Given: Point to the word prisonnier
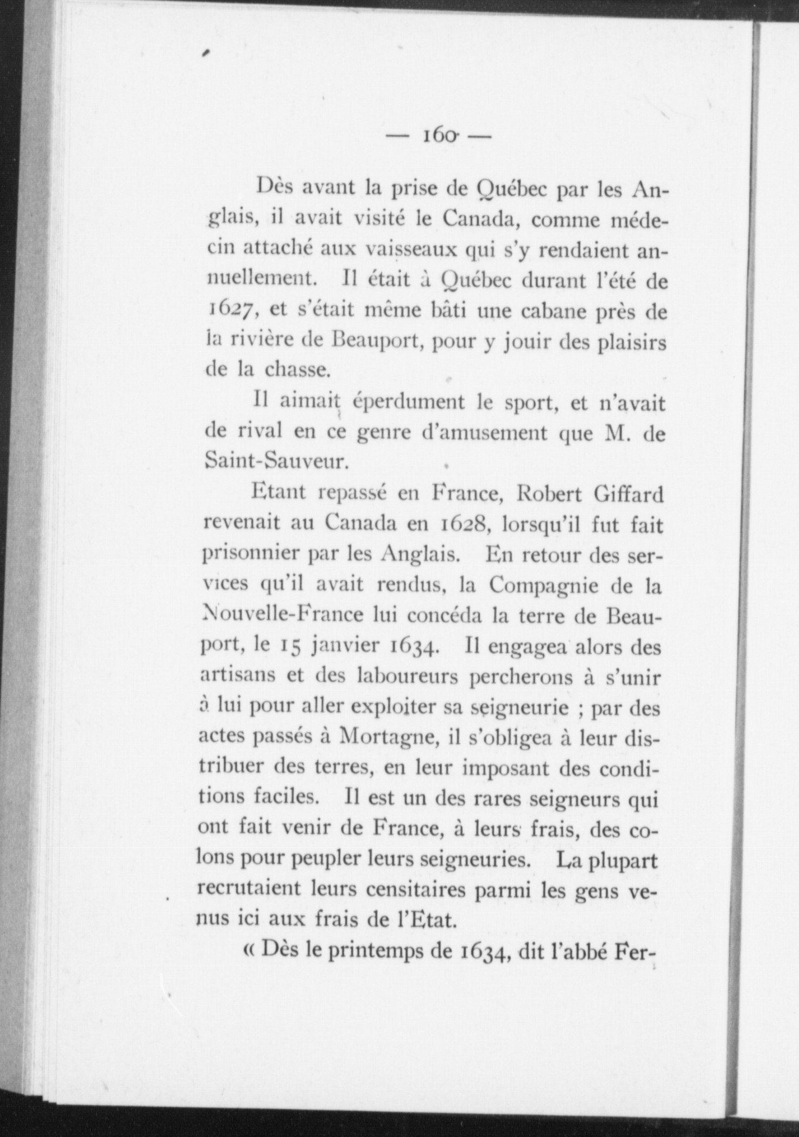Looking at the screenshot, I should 250,555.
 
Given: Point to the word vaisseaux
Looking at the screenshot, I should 412,252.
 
